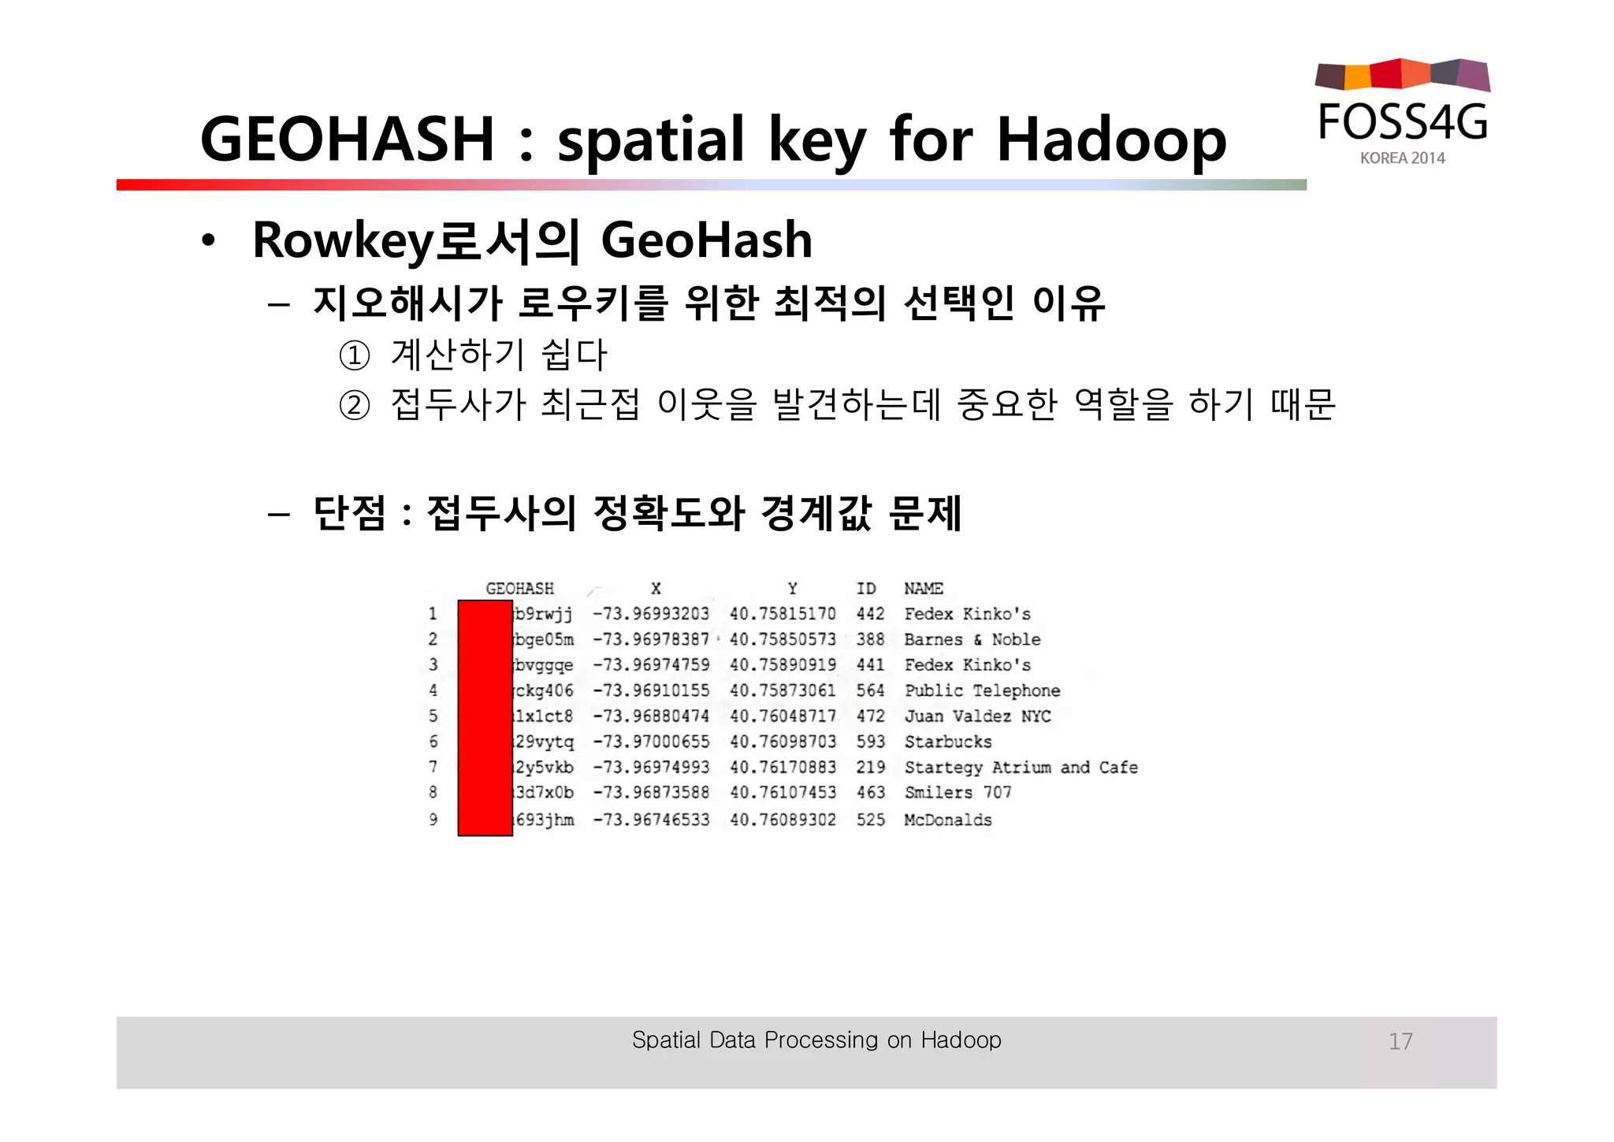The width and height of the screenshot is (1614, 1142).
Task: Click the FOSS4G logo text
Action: (x=1403, y=122)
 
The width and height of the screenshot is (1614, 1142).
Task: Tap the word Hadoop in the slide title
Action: (x=1111, y=139)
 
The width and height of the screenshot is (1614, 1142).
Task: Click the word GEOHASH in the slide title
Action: (x=347, y=139)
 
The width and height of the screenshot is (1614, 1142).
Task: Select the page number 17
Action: (x=1400, y=1041)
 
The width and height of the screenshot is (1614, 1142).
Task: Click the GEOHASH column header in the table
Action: (x=519, y=589)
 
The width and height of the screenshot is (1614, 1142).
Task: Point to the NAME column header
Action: (x=924, y=589)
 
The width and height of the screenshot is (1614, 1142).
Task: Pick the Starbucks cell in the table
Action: (x=948, y=742)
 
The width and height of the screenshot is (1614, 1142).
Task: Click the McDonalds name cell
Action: (x=948, y=820)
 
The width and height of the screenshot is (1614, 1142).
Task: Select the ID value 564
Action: (x=871, y=690)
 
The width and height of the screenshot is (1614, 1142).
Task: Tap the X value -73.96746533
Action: (x=651, y=820)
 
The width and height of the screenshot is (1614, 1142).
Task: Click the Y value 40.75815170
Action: (x=783, y=614)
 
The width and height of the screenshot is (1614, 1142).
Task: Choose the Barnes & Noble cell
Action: (x=972, y=639)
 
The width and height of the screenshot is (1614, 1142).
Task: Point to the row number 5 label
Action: (x=433, y=716)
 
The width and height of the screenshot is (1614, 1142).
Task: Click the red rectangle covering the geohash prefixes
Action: (x=485, y=717)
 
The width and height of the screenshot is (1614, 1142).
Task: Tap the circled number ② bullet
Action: (x=354, y=405)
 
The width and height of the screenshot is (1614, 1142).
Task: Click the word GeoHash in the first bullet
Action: (x=706, y=240)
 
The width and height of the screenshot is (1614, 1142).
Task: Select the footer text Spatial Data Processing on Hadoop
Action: (x=816, y=1040)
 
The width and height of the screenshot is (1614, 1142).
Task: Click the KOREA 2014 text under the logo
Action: (x=1402, y=158)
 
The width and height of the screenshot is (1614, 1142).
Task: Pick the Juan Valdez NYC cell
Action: (x=977, y=716)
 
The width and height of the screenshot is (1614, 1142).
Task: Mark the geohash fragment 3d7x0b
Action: (x=544, y=792)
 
